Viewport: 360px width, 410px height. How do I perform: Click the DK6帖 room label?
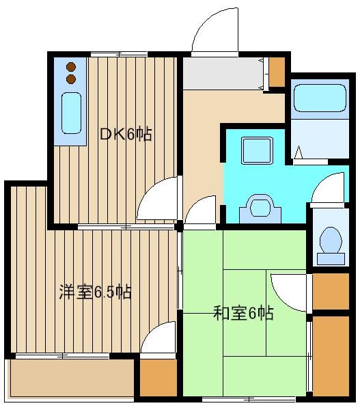[126, 134]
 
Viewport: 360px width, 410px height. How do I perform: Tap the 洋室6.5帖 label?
[95, 292]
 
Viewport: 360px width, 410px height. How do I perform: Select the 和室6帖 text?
[243, 313]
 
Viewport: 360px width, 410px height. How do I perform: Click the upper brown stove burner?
[71, 67]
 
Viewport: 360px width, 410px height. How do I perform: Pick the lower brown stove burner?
[71, 79]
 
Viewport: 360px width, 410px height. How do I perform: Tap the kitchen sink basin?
[71, 113]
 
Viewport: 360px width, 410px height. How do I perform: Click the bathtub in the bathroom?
[320, 98]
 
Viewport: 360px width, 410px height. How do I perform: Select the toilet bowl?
[331, 240]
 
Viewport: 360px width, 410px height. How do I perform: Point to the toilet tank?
[331, 258]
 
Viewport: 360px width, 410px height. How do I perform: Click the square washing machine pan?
[258, 150]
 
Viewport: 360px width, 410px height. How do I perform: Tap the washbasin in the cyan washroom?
[260, 208]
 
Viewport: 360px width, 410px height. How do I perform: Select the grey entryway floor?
[223, 74]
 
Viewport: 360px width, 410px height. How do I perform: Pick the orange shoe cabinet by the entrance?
[277, 72]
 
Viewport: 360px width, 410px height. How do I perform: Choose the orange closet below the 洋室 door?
[158, 378]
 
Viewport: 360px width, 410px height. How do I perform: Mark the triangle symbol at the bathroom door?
[299, 152]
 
